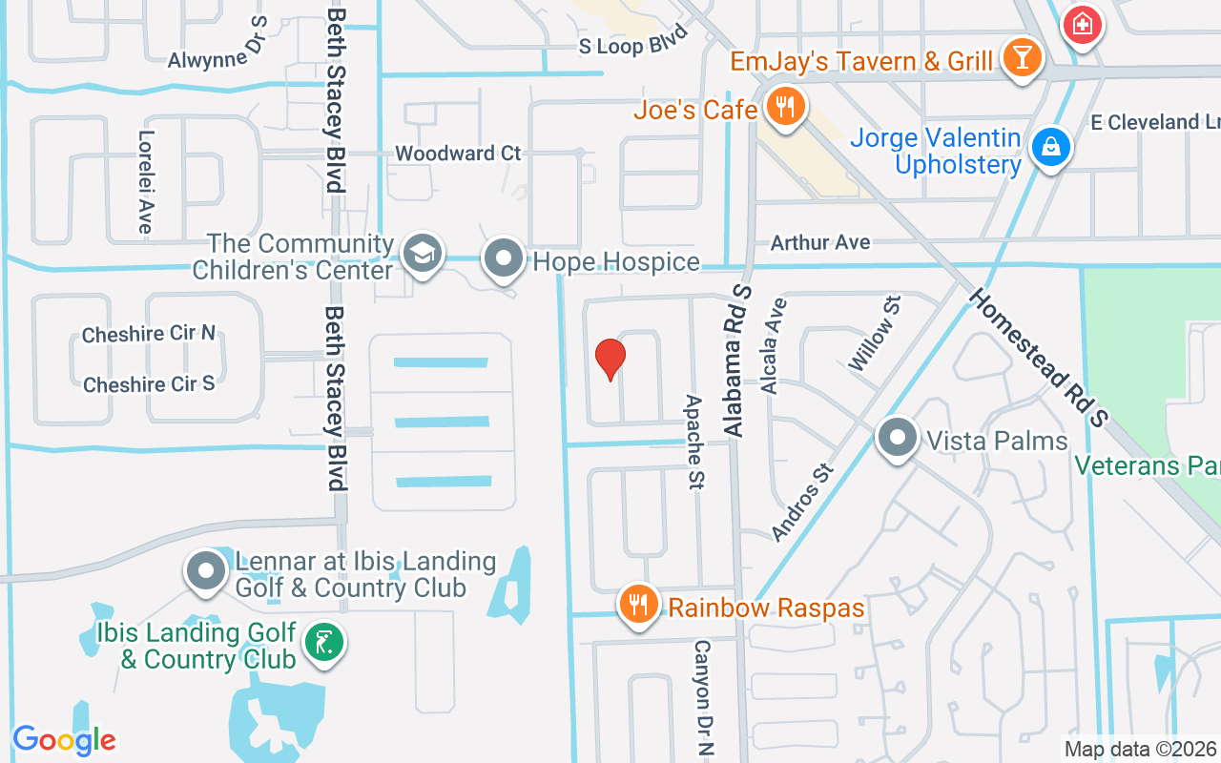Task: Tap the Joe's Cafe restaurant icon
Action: click(784, 107)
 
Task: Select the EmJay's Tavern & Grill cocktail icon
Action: click(1022, 59)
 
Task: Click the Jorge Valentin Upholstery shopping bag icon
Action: click(1049, 148)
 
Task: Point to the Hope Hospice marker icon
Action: click(504, 258)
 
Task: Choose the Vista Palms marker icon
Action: click(897, 439)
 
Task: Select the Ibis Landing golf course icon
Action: click(324, 645)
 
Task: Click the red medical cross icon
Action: click(1083, 23)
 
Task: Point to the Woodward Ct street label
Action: click(458, 154)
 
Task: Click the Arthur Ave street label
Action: click(820, 243)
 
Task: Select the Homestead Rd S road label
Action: click(1040, 359)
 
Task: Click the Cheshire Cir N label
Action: click(149, 334)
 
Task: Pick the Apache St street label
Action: click(694, 443)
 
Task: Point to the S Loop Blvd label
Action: click(633, 45)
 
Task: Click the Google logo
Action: click(64, 739)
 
